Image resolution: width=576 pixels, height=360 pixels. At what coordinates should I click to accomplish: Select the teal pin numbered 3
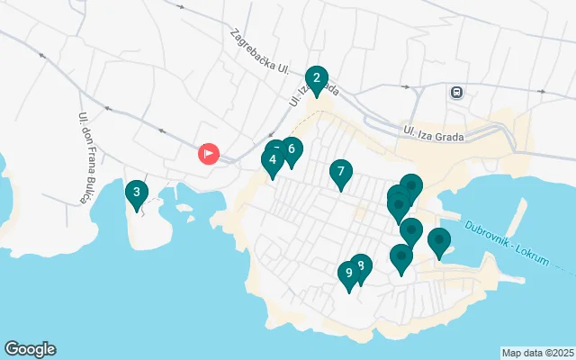point(136,193)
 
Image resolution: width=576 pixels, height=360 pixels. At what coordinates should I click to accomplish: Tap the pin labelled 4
point(272,161)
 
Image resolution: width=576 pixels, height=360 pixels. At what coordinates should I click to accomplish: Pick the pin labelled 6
point(290,150)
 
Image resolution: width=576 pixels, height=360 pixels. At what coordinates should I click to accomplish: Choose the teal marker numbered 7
point(340,172)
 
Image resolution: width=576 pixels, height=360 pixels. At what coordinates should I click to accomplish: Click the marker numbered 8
point(360,266)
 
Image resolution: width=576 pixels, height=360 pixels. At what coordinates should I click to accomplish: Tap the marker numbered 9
point(348,274)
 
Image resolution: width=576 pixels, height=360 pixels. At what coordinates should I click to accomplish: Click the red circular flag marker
point(209,154)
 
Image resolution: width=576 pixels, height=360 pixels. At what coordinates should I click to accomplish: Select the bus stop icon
point(457,92)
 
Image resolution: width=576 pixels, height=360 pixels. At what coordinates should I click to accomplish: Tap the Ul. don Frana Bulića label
point(85,157)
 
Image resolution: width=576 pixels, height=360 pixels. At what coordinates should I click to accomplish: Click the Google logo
point(30,349)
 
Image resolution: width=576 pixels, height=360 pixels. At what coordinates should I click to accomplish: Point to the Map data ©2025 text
point(537,353)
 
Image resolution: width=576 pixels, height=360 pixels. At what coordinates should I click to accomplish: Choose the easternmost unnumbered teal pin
point(439,241)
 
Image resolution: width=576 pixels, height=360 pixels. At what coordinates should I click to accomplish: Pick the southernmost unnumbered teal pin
point(401,257)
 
